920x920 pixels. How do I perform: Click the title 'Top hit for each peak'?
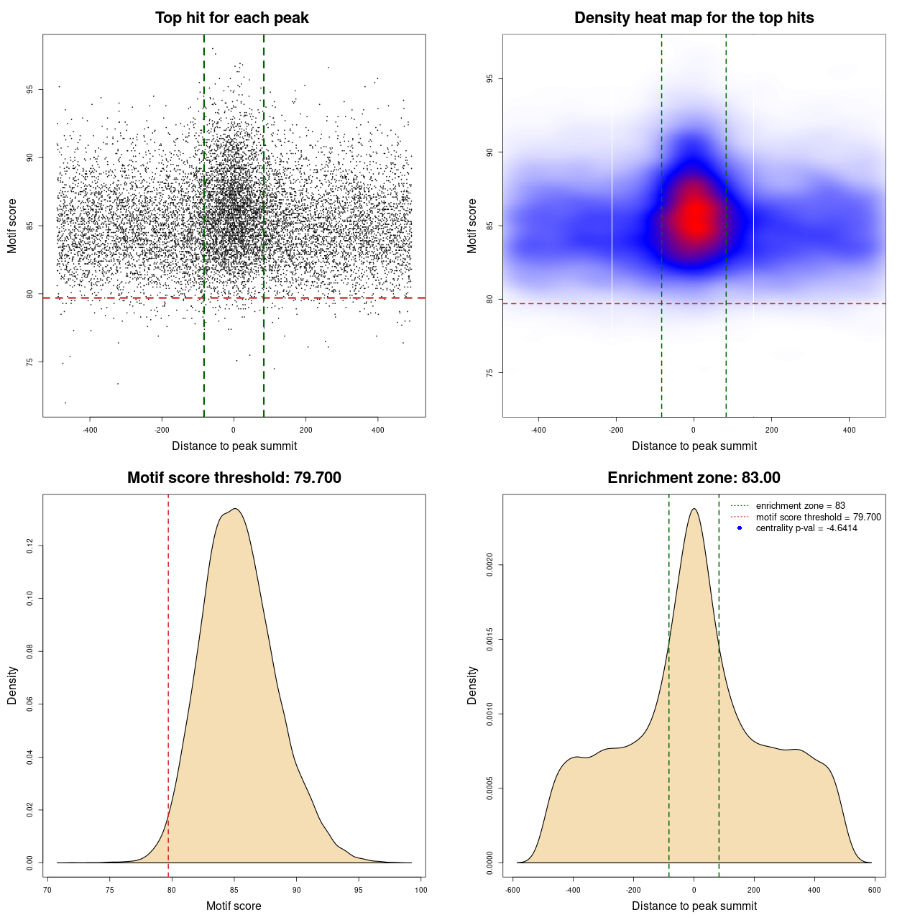point(231,18)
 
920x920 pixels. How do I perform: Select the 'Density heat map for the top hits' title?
point(694,18)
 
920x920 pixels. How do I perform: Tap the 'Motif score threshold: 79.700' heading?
point(234,478)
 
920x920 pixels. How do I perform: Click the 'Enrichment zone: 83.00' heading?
point(694,478)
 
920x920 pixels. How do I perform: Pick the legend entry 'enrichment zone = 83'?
point(800,506)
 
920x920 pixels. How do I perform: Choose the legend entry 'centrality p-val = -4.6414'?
point(806,528)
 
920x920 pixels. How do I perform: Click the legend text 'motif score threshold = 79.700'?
point(818,517)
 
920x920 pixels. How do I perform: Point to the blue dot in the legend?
point(740,528)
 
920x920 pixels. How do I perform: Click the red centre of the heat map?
point(695,216)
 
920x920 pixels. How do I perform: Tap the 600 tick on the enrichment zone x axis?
point(874,890)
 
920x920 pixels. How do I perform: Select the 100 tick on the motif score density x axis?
point(420,890)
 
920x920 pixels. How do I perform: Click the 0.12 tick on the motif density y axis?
point(29,546)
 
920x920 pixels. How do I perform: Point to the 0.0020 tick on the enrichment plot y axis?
point(489,566)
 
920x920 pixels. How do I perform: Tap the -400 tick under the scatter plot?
point(90,430)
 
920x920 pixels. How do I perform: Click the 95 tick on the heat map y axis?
point(489,79)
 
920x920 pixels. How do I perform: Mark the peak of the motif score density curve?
point(235,509)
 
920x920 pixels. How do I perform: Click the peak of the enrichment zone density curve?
point(694,509)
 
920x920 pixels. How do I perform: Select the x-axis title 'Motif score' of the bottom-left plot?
point(234,906)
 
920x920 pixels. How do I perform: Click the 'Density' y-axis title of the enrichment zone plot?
point(472,685)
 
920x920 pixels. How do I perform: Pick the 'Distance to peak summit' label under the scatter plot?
point(234,446)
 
